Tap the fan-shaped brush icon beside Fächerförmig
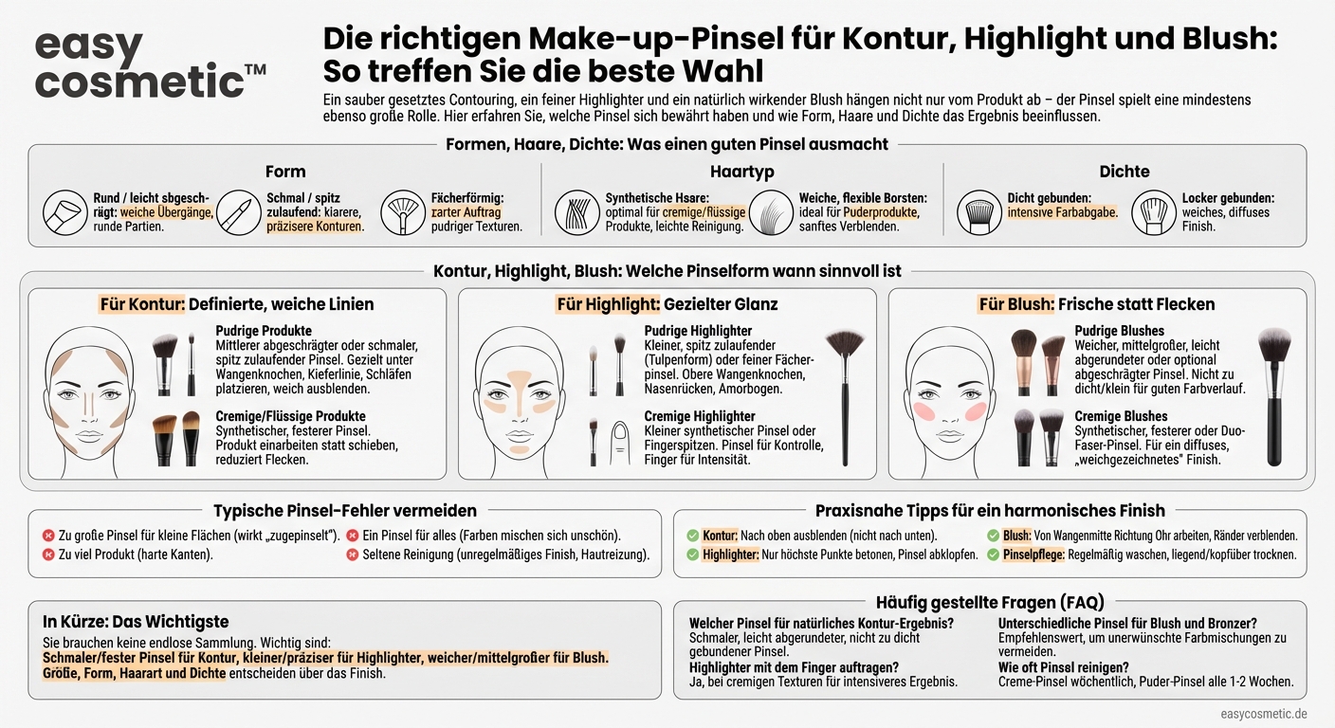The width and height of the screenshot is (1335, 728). tap(401, 212)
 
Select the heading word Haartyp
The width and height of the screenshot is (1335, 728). tap(741, 172)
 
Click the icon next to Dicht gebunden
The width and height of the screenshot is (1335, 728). tap(978, 212)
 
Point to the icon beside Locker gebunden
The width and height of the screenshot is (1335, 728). tap(1153, 212)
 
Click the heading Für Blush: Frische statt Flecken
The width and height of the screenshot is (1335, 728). tap(1096, 304)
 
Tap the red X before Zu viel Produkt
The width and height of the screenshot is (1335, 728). tap(48, 555)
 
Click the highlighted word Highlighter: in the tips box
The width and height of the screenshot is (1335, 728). tap(730, 555)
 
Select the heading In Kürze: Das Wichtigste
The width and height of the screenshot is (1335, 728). tap(136, 622)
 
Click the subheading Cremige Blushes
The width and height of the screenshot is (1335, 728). tap(1121, 416)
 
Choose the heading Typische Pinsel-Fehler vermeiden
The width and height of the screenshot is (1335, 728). tap(344, 511)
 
